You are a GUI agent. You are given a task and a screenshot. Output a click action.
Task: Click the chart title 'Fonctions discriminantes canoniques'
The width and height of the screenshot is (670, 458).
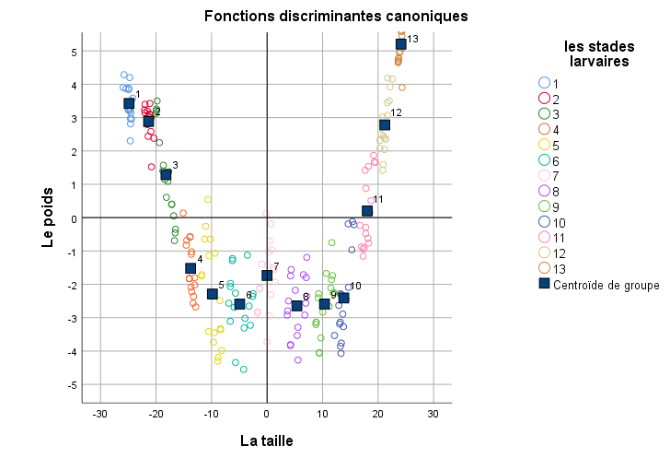coord(336,17)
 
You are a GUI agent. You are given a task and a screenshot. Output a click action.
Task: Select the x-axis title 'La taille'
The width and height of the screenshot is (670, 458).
coord(267,440)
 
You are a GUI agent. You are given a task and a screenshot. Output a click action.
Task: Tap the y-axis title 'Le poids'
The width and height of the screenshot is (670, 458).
coord(48,217)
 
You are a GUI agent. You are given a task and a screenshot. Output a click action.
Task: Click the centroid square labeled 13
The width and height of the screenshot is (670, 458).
coord(401,44)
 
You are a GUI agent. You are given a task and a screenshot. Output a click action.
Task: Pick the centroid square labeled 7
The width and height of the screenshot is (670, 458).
coord(267,276)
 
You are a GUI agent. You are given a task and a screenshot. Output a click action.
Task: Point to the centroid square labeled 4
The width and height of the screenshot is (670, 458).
coord(191,268)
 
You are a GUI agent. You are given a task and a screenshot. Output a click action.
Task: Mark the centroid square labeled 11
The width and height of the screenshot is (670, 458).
coord(367,211)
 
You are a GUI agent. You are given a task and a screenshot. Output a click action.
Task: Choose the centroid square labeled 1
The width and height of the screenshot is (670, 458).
coord(129,103)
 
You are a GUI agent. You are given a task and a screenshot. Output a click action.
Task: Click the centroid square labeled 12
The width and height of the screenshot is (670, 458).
coord(385,125)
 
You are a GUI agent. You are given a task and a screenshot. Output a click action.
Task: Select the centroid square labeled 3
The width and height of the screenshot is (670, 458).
coord(166,175)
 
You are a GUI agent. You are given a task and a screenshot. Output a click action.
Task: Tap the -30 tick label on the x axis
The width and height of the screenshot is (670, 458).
coord(100,414)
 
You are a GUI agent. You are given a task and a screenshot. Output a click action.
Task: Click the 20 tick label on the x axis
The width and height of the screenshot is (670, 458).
coord(377,414)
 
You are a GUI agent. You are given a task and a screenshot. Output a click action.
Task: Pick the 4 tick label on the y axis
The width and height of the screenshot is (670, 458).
coord(75,85)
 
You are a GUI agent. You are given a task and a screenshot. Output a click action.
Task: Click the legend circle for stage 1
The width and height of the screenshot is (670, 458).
coord(545,83)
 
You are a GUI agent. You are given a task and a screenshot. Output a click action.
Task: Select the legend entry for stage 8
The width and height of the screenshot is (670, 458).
coord(549,191)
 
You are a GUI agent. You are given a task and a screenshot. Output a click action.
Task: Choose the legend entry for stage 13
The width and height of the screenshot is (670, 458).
coord(552,268)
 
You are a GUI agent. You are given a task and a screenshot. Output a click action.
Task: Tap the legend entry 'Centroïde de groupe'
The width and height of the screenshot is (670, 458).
coord(599,284)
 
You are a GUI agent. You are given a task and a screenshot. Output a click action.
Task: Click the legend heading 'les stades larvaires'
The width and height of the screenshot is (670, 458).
coord(599,53)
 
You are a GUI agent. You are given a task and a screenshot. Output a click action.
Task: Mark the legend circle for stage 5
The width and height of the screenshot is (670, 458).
coord(545,145)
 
